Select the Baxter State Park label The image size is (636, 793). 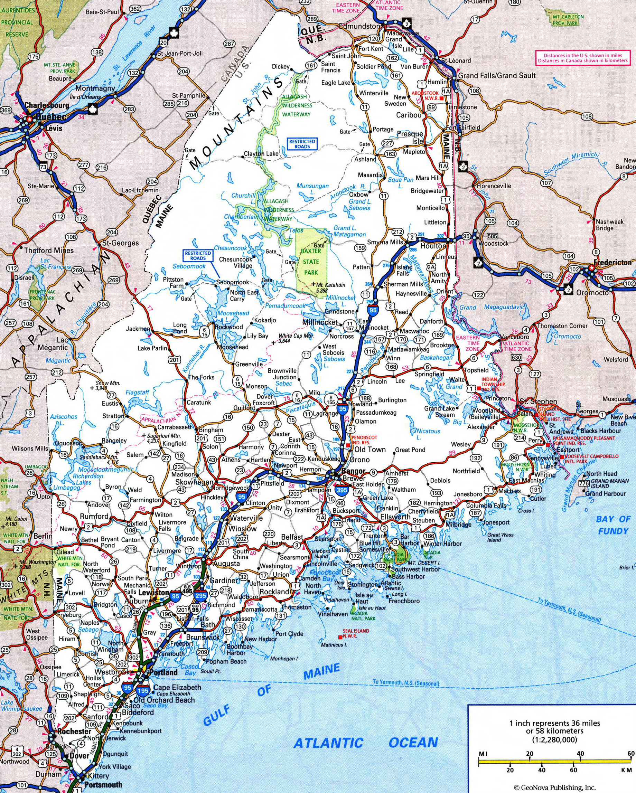pos(311,262)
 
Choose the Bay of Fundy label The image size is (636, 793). pos(613,525)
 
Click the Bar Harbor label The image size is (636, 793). pos(405,540)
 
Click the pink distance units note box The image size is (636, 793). pos(583,58)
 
